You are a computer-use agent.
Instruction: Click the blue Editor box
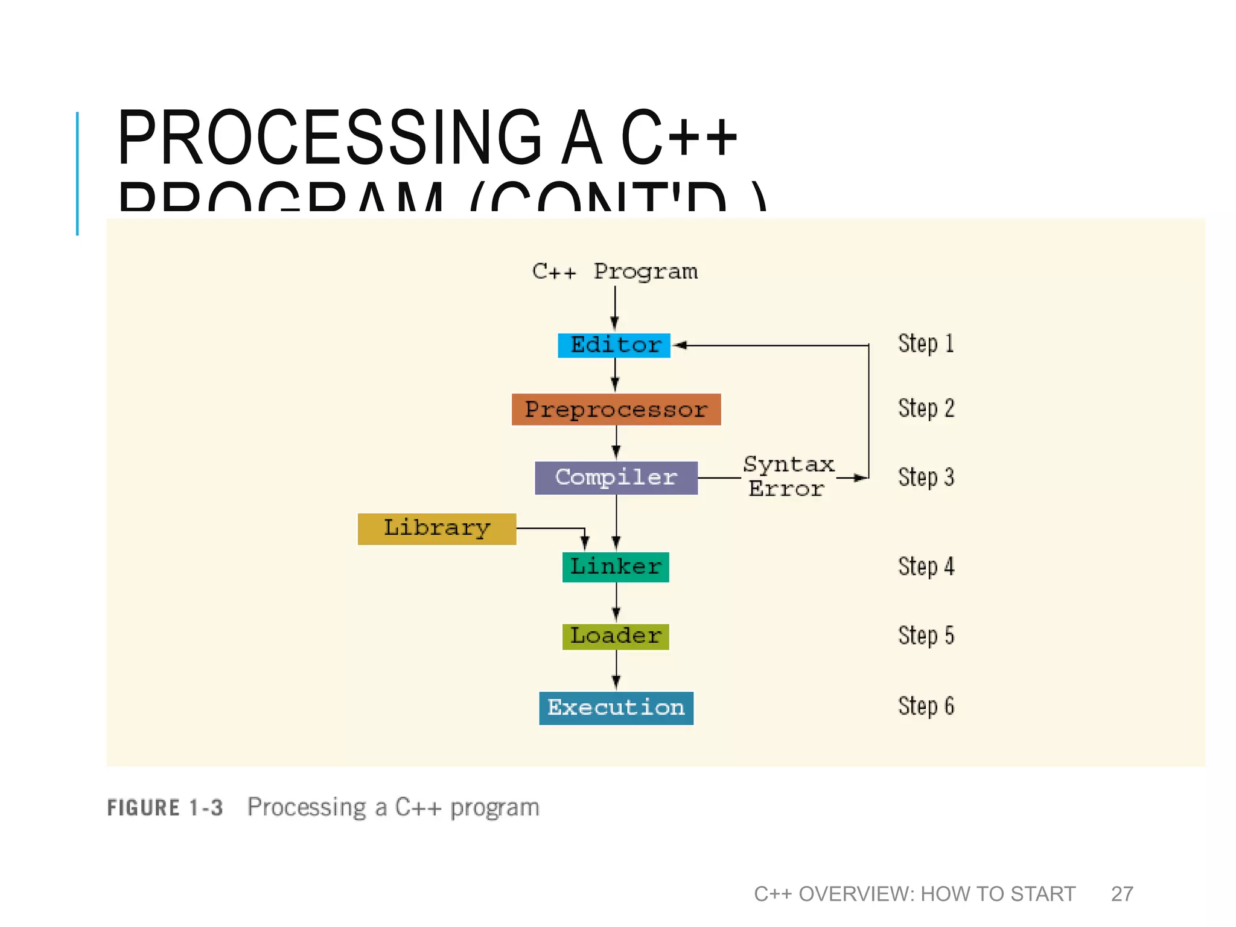click(x=614, y=345)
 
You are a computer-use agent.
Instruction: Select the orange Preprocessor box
click(x=616, y=409)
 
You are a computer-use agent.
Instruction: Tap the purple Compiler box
click(x=616, y=477)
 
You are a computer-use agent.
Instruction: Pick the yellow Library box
click(x=436, y=529)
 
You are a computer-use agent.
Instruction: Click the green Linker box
click(x=616, y=567)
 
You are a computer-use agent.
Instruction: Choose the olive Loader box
click(x=616, y=636)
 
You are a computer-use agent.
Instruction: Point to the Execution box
click(x=616, y=707)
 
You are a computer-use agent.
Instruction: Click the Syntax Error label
click(x=788, y=477)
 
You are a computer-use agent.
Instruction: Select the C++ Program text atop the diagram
click(x=614, y=272)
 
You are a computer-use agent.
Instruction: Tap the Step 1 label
click(x=926, y=343)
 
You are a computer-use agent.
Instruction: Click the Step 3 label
click(x=926, y=477)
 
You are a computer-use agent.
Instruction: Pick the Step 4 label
click(x=926, y=567)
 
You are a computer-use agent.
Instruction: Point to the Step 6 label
click(x=926, y=706)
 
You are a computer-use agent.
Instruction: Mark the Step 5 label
click(x=926, y=636)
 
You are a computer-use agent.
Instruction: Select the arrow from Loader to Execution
click(x=616, y=670)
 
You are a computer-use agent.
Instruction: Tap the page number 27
click(x=1122, y=894)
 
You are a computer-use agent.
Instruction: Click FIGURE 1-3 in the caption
click(x=165, y=808)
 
